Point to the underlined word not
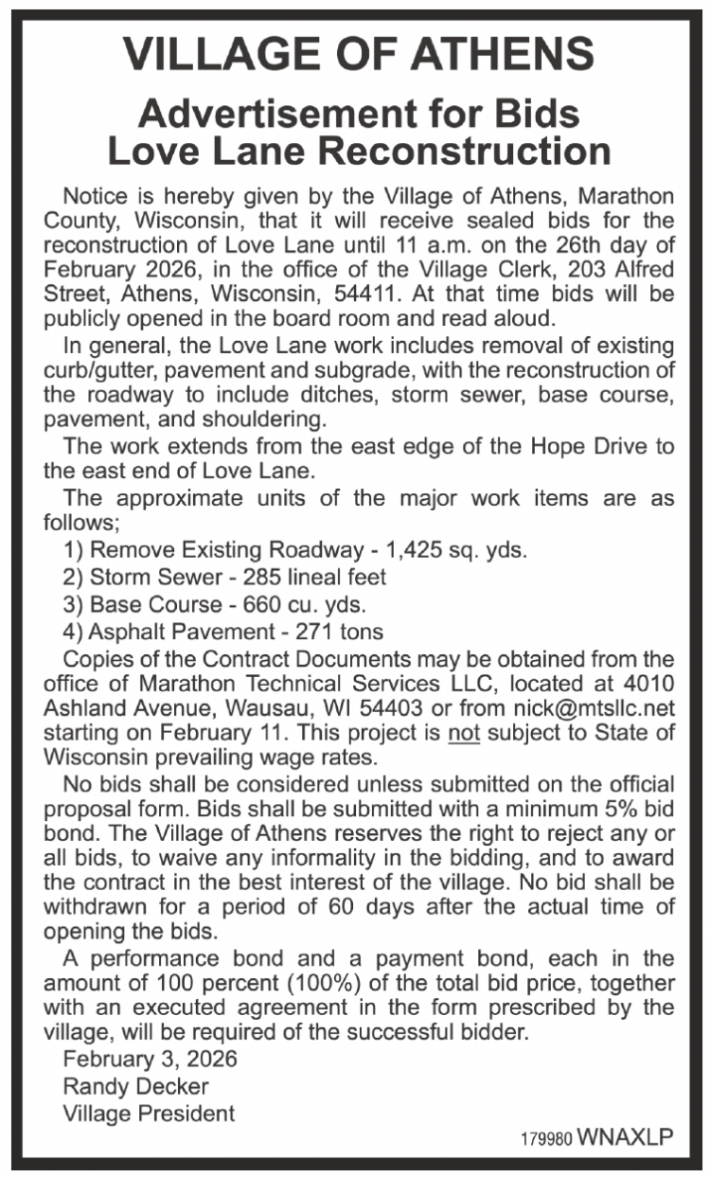pos(465,732)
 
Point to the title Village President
pos(149,1113)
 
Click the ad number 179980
pos(545,1139)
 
